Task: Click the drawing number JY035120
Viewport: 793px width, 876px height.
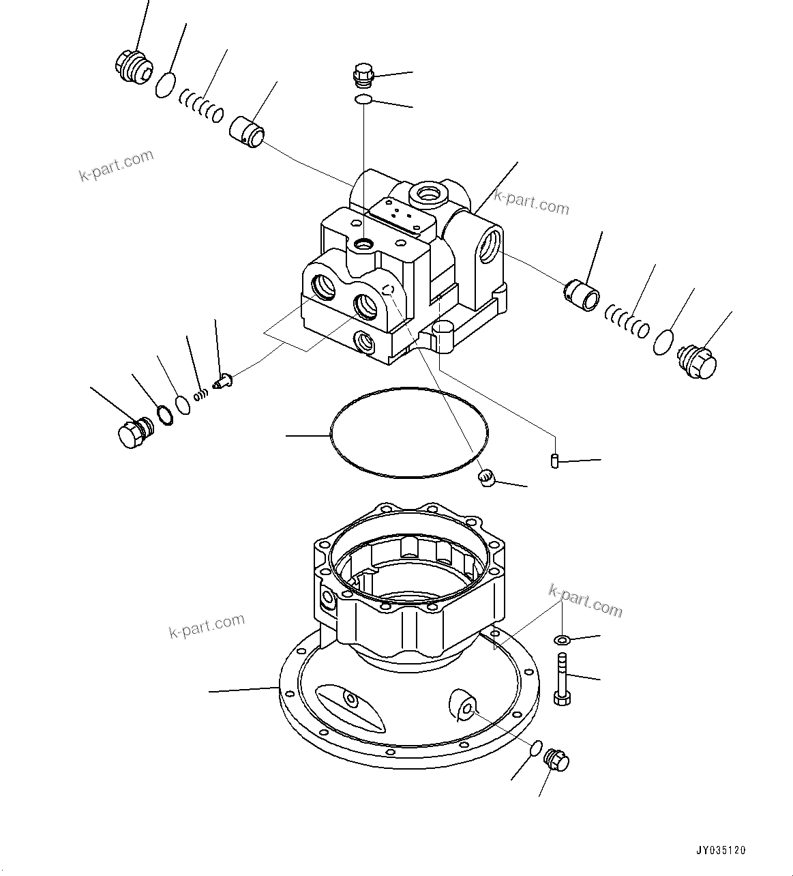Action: [721, 850]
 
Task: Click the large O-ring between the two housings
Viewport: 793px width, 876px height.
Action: [408, 433]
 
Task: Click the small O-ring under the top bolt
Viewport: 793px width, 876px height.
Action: [363, 101]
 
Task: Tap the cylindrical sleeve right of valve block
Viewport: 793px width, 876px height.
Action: [582, 292]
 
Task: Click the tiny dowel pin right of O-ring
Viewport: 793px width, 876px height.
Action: [554, 461]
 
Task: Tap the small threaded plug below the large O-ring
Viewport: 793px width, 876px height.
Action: [485, 478]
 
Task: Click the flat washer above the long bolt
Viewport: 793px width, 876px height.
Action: [562, 640]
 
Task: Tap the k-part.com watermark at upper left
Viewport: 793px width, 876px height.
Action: [117, 166]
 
